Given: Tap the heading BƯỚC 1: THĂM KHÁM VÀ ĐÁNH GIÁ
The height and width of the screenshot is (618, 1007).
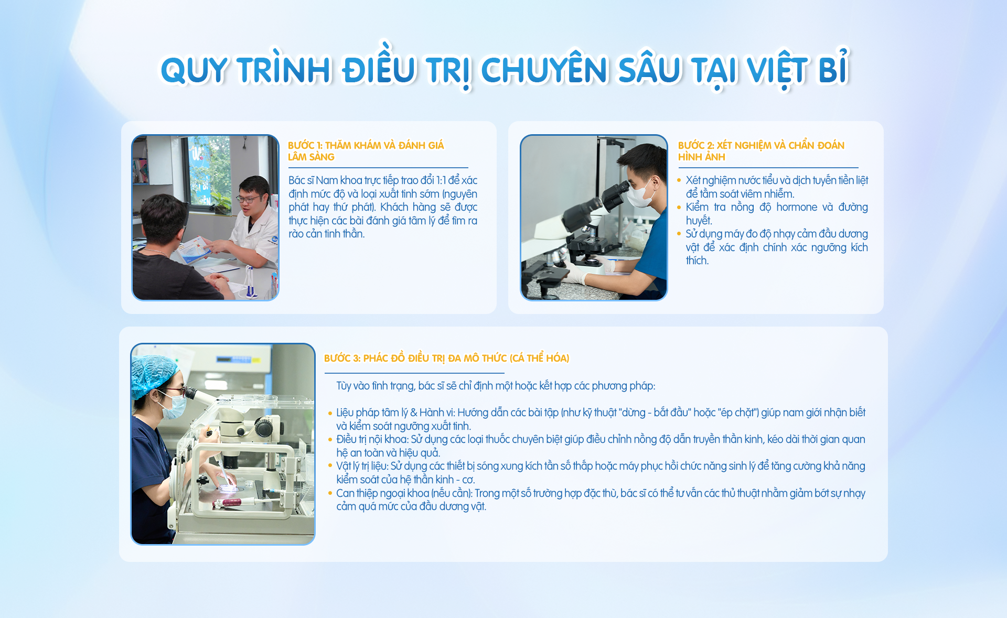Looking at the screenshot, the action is pos(366,145).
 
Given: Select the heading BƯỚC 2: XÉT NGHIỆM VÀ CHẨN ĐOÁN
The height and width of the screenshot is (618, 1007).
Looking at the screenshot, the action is pos(761,145).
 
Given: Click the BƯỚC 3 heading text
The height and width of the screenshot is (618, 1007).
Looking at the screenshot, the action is pos(446,358).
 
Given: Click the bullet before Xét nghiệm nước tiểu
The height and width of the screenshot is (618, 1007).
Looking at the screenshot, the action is pos(679,180).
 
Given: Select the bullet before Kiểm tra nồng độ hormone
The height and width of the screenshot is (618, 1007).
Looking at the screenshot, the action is pos(679,208).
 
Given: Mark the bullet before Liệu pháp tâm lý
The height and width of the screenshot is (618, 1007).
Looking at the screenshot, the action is pos(330,413).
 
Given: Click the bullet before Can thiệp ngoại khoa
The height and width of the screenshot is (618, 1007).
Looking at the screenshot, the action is pos(330,493).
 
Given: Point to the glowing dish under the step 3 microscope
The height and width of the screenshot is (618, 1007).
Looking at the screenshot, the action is pos(229,488).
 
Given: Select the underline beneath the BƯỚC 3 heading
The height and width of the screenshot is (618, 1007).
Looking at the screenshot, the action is pos(414,373).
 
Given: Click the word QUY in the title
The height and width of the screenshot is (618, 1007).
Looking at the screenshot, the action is pos(194,70).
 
